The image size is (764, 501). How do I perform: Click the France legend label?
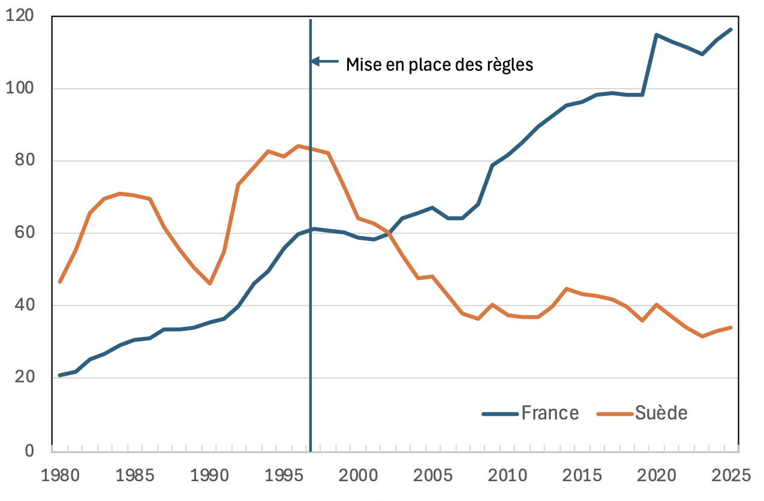click(550, 413)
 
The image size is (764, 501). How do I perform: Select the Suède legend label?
click(661, 413)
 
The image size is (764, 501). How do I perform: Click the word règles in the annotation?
click(510, 64)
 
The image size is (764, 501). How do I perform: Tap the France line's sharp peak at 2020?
click(657, 35)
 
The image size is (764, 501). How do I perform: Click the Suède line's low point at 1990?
click(210, 283)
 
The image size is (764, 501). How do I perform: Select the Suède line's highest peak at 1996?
click(298, 146)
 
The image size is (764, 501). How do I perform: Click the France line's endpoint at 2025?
click(731, 29)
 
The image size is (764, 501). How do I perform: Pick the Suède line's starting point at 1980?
click(60, 282)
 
